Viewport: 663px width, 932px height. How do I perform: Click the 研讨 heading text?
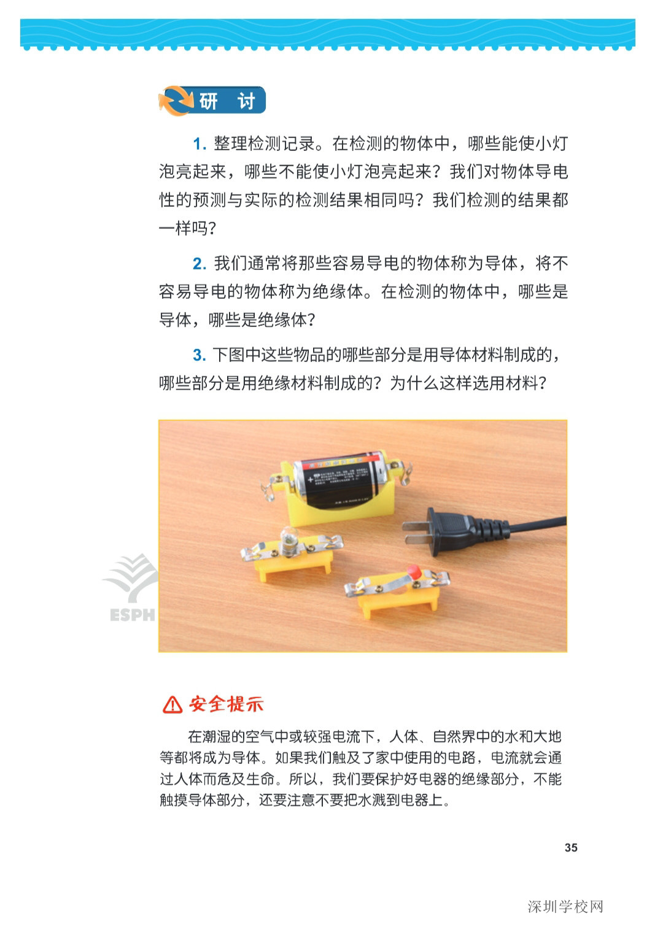[x=228, y=101]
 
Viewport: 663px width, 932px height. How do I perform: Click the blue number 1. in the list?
[x=200, y=144]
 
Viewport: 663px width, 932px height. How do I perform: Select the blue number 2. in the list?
[x=200, y=264]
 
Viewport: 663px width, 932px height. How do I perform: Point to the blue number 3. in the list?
[x=200, y=355]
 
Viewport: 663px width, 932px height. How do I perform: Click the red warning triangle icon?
[x=173, y=704]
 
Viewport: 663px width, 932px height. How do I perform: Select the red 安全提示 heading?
[x=226, y=704]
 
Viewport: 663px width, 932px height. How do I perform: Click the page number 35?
[x=571, y=848]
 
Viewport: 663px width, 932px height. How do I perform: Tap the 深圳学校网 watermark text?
[x=565, y=907]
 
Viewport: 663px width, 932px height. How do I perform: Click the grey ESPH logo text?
[x=132, y=615]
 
